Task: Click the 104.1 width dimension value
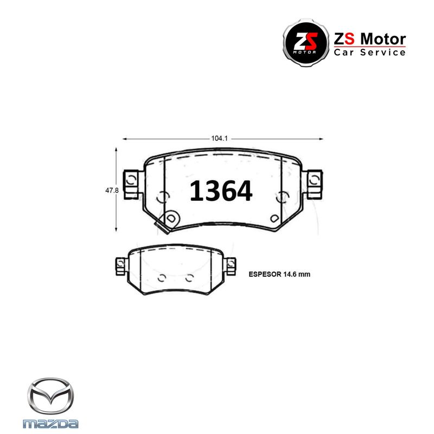(220, 138)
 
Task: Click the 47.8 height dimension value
(112, 190)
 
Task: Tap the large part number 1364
(221, 191)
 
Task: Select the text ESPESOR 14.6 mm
(279, 275)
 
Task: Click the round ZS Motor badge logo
(306, 43)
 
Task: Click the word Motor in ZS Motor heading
(384, 39)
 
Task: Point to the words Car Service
(369, 52)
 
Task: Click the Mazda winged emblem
(50, 396)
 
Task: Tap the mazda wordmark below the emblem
(50, 424)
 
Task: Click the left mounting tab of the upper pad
(132, 184)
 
